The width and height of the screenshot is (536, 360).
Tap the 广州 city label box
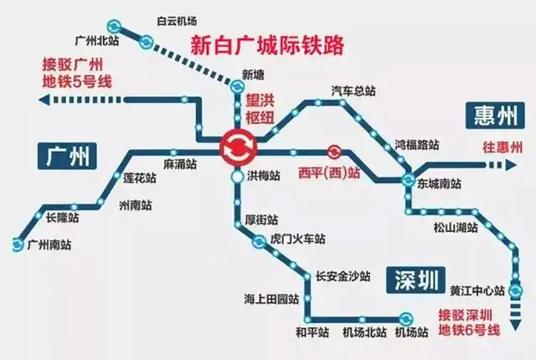[68, 154]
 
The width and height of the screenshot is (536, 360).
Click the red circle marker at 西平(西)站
[334, 152]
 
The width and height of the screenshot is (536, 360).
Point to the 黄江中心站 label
[476, 291]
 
